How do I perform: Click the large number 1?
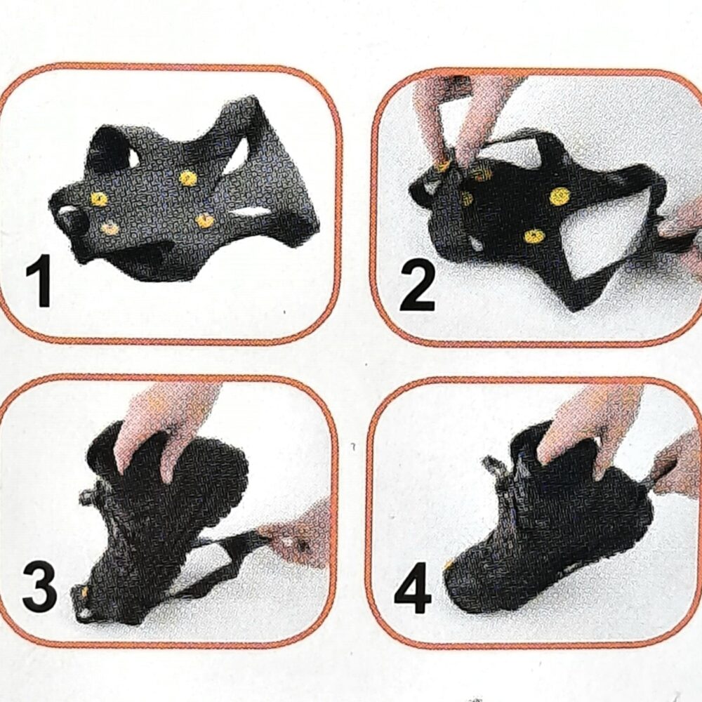(x=40, y=282)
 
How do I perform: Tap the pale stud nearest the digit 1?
(x=110, y=228)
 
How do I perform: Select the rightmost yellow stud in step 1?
(x=205, y=221)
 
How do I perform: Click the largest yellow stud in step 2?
(x=559, y=196)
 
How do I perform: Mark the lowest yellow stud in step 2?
(x=533, y=237)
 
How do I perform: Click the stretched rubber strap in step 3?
(x=225, y=555)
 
